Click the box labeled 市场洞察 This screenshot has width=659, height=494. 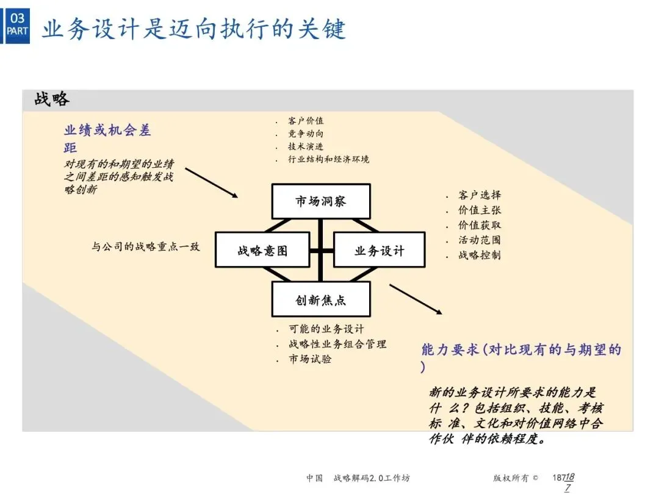(321, 201)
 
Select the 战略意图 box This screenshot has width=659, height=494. (262, 249)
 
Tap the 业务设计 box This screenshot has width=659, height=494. (379, 249)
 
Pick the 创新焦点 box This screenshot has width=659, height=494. (321, 299)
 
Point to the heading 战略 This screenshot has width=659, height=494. (52, 99)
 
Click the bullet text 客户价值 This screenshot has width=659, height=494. (306, 121)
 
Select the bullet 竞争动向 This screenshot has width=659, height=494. (306, 134)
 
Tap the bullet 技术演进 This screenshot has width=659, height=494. (306, 146)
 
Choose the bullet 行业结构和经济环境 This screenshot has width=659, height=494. (329, 159)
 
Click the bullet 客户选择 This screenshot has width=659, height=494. (480, 195)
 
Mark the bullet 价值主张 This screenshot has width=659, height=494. (480, 210)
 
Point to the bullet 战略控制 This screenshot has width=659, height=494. (480, 255)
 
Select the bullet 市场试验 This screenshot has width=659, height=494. (311, 359)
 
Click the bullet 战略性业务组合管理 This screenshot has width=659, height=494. (337, 345)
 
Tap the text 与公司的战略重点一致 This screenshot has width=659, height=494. (146, 247)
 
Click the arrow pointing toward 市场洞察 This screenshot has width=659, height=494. (211, 182)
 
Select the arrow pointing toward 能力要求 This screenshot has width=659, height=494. (416, 299)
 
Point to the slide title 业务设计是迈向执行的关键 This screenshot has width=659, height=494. (194, 29)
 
